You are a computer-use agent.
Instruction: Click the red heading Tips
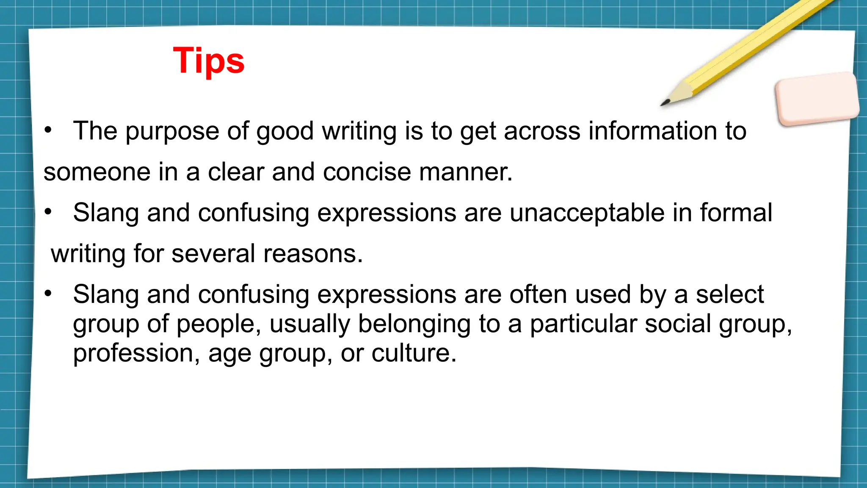click(209, 61)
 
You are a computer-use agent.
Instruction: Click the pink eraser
click(817, 98)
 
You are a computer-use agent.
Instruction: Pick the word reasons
click(313, 254)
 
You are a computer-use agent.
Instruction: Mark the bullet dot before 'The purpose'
click(48, 130)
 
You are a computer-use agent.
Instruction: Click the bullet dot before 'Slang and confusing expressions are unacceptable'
click(48, 212)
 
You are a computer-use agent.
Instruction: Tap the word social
click(678, 324)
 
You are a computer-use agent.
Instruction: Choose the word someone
click(97, 172)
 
